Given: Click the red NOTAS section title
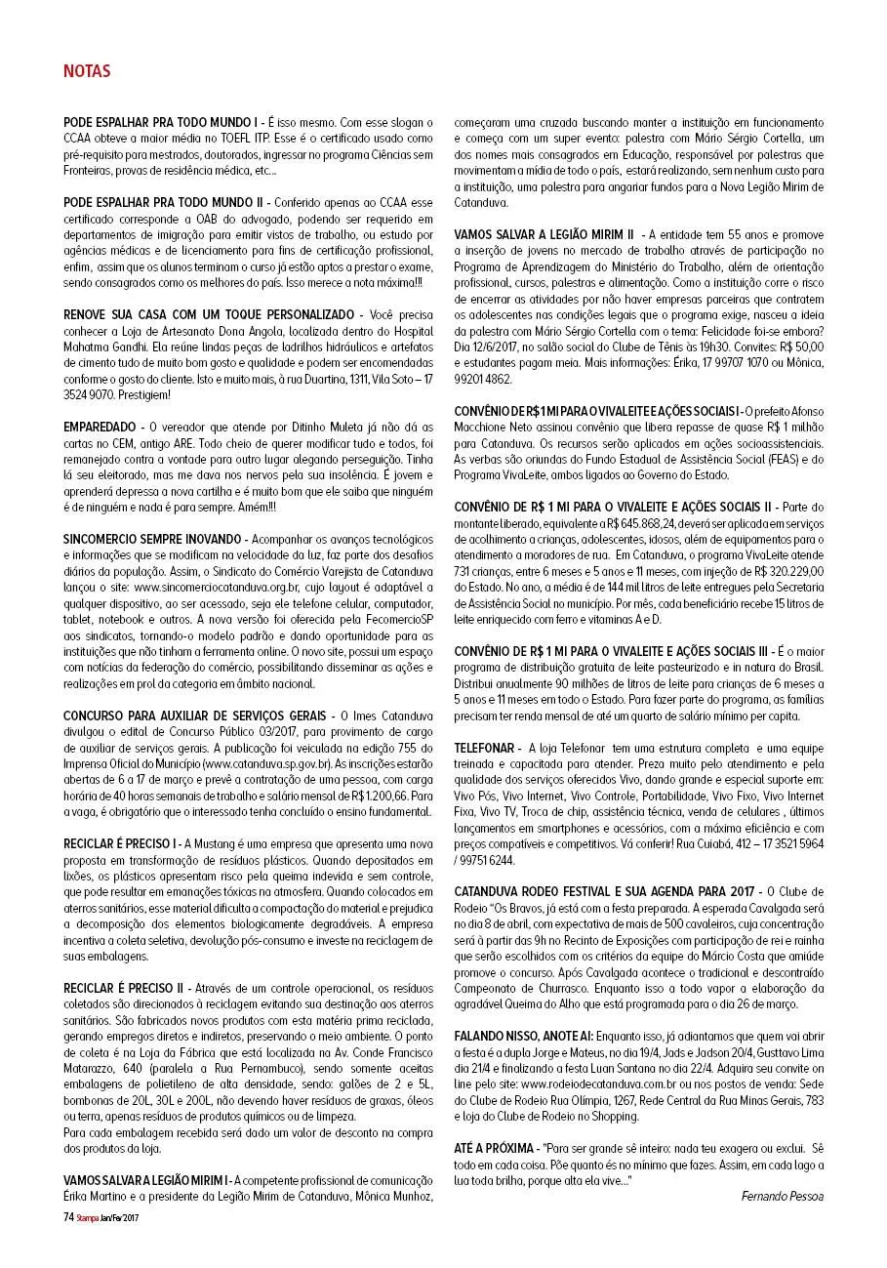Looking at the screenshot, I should click(x=87, y=71).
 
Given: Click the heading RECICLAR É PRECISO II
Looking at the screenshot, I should click(x=123, y=988).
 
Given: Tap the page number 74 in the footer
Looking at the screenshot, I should click(x=68, y=1217).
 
